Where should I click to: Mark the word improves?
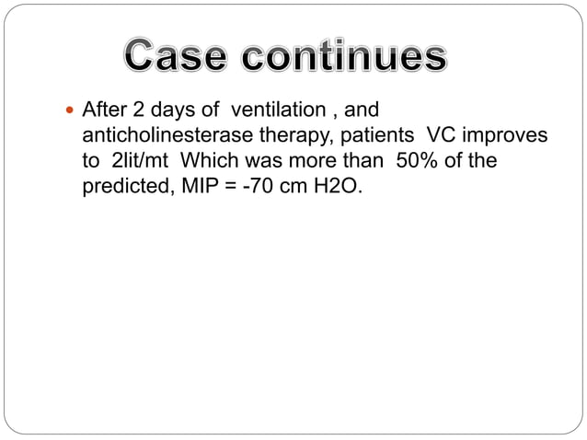(504, 135)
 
